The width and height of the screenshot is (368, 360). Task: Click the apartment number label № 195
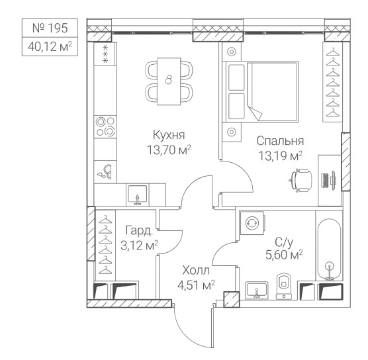click(x=50, y=28)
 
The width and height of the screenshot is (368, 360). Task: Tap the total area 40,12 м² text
click(x=50, y=47)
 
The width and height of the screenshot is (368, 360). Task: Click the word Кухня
click(x=169, y=136)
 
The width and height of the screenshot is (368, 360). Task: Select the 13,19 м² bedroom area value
click(x=280, y=156)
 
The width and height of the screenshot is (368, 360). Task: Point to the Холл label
click(x=196, y=271)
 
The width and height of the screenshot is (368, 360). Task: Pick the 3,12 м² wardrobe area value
click(x=139, y=246)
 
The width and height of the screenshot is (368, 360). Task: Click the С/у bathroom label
click(x=284, y=242)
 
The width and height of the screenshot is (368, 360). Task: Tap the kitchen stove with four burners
click(x=105, y=126)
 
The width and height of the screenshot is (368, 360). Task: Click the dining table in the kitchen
click(x=169, y=81)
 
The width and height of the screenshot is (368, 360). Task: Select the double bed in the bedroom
click(x=261, y=92)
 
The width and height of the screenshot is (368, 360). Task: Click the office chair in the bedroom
click(x=300, y=180)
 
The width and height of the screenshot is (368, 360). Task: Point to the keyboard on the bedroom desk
click(x=325, y=181)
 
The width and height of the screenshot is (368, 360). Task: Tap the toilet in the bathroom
click(x=284, y=286)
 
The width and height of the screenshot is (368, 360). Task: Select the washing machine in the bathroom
click(x=252, y=222)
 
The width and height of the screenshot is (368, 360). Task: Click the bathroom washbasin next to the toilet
click(x=257, y=290)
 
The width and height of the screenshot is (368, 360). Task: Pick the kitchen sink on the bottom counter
click(x=138, y=195)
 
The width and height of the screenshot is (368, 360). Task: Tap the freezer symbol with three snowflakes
click(x=105, y=54)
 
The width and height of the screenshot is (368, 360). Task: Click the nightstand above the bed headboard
click(x=232, y=52)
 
